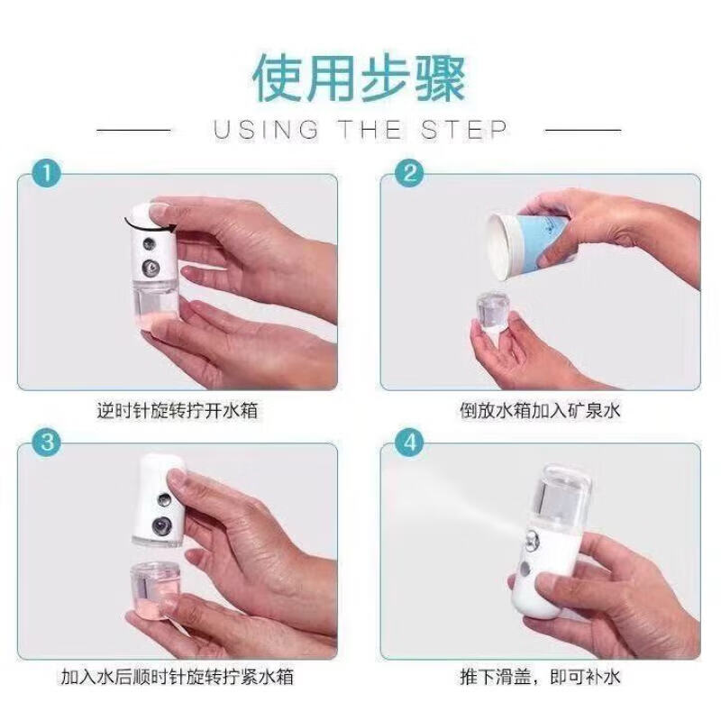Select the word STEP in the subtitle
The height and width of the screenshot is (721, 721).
pos(465,130)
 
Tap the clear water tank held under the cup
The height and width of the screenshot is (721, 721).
pos(494,315)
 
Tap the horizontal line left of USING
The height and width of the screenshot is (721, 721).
pos(135,130)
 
